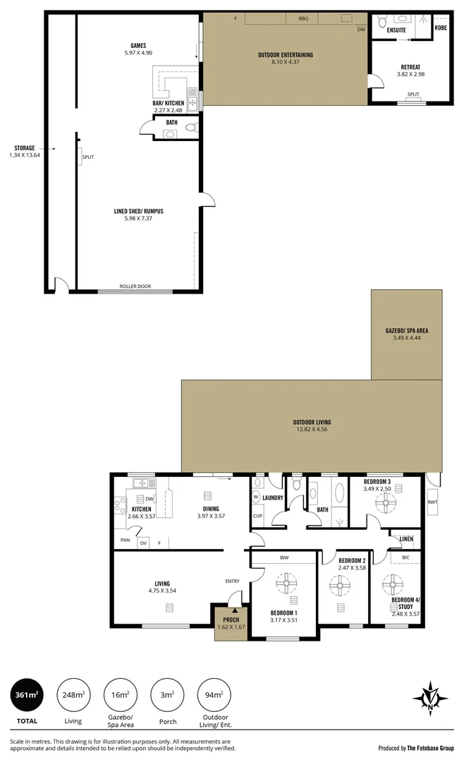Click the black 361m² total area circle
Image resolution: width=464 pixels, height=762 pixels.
click(x=26, y=695)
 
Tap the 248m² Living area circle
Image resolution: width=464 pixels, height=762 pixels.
click(x=73, y=695)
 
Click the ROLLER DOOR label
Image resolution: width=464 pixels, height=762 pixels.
click(x=135, y=286)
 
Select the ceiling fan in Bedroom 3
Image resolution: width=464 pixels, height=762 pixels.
click(x=387, y=502)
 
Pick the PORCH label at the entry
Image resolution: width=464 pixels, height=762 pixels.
click(x=231, y=619)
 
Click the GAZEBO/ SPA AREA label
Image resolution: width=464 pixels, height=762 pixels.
click(x=406, y=330)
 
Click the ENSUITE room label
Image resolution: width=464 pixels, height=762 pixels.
click(x=396, y=30)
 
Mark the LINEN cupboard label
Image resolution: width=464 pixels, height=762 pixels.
click(x=405, y=539)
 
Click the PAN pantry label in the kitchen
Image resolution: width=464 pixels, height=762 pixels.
click(x=124, y=540)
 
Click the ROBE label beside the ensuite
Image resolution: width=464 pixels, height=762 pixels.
click(x=441, y=28)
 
